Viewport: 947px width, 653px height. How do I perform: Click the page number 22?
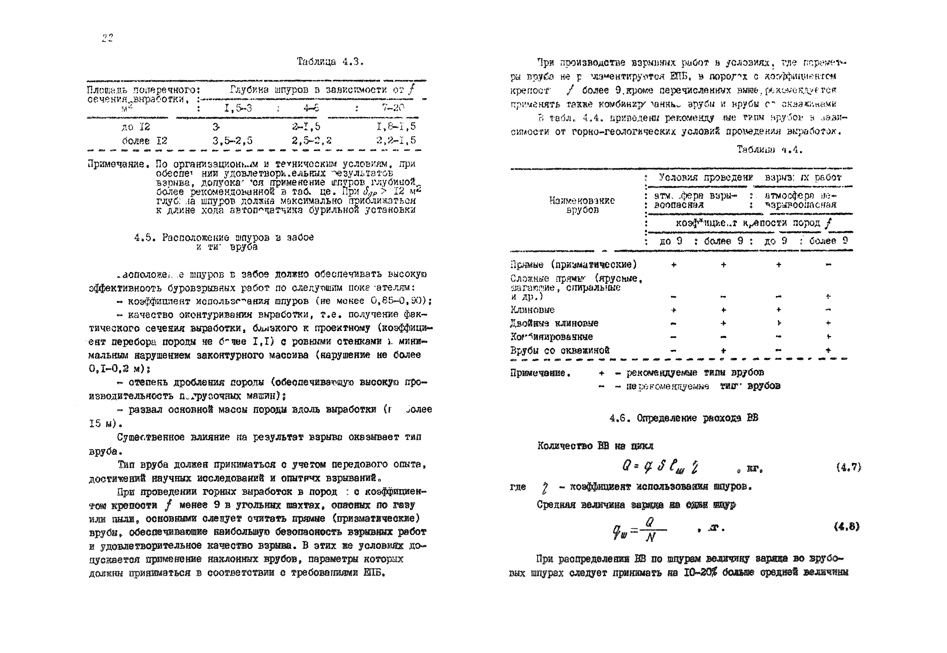107,38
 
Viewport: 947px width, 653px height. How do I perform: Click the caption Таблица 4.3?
330,62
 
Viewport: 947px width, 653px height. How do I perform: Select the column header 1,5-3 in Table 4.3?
238,108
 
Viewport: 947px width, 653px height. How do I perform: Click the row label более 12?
144,141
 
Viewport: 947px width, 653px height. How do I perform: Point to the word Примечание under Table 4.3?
116,164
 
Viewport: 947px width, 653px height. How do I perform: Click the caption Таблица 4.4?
769,150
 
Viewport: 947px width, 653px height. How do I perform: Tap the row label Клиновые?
532,310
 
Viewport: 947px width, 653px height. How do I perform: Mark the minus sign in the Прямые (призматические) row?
828,265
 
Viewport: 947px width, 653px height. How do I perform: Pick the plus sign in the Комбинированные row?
828,337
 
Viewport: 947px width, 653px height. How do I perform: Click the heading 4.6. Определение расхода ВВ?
683,418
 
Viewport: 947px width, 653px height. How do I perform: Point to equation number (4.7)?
848,467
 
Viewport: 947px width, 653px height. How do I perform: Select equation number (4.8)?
846,527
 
